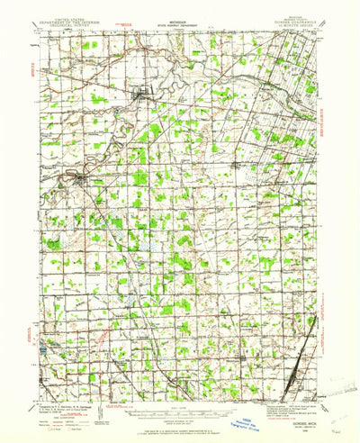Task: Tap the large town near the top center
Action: pyautogui.click(x=142, y=91)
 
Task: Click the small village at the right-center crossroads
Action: pyautogui.click(x=238, y=166)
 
